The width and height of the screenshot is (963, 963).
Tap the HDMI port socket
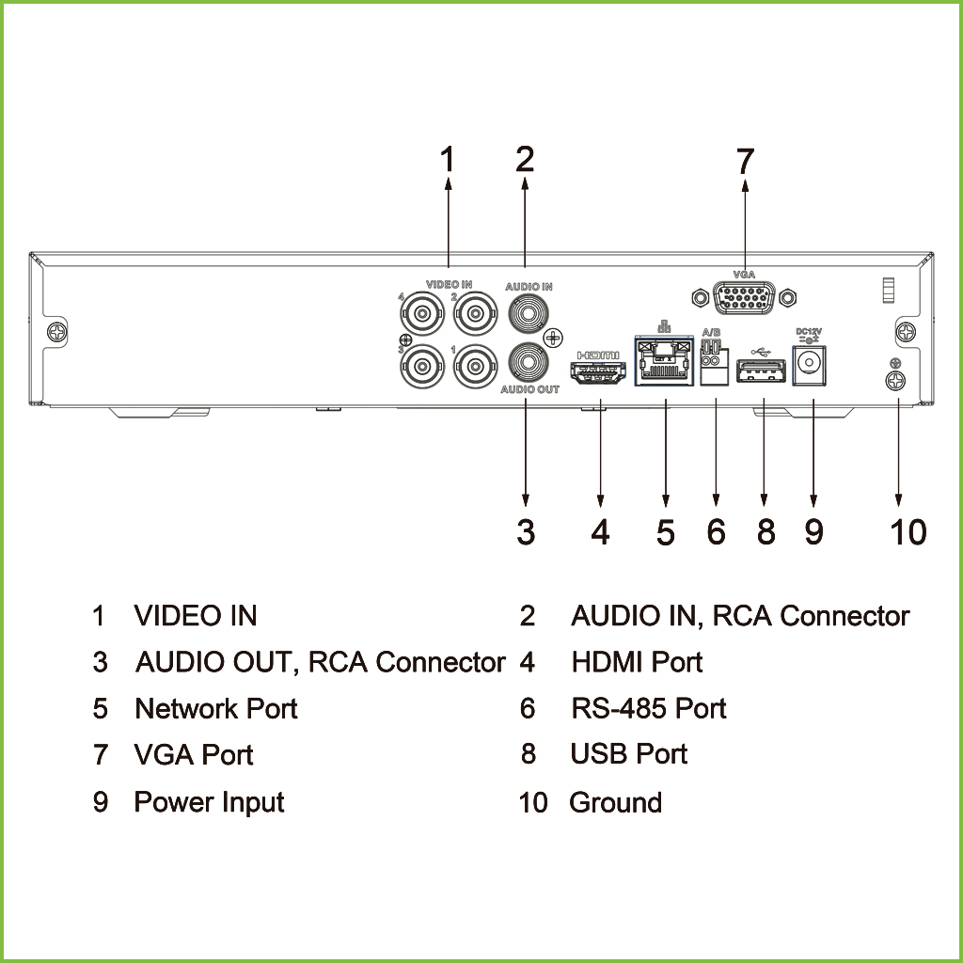click(599, 372)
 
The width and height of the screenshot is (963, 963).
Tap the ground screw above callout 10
click(897, 381)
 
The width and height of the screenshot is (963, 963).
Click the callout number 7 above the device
click(745, 162)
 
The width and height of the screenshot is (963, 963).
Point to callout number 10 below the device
click(908, 532)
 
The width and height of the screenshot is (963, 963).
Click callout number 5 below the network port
click(665, 532)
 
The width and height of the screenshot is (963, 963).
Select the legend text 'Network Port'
click(216, 708)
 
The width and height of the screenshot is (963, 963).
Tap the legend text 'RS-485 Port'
click(648, 708)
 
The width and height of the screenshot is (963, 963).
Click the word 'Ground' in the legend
click(615, 802)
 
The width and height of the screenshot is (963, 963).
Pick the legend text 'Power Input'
click(209, 802)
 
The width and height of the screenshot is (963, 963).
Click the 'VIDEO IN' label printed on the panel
click(449, 284)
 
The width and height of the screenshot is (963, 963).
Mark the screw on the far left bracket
click(58, 332)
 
